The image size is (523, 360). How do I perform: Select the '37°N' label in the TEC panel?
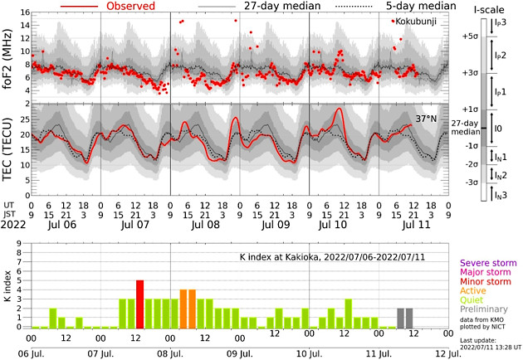(x=427, y=119)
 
